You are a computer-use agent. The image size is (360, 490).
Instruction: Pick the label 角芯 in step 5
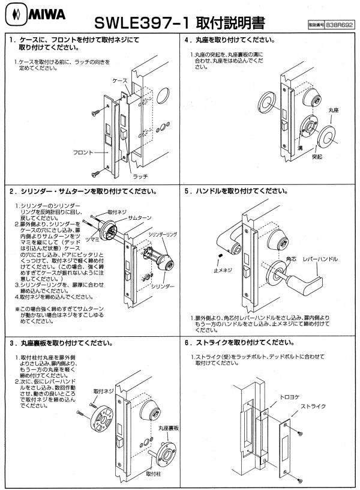point(292,259)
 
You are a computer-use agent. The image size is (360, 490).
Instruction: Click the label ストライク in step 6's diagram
point(311,407)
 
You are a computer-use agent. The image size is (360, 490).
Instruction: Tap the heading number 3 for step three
point(13,344)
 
